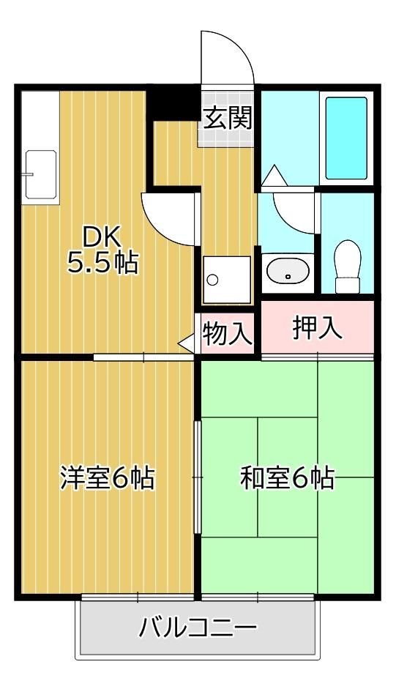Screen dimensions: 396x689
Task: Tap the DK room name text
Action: click(x=102, y=239)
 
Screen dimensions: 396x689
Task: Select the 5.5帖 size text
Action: click(x=102, y=263)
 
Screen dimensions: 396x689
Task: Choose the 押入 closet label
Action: click(x=317, y=328)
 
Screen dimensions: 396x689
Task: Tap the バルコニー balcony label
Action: click(x=198, y=628)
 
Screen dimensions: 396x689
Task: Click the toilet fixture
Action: click(x=348, y=267)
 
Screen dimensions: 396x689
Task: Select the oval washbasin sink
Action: click(x=288, y=272)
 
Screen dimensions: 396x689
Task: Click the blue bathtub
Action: click(x=346, y=138)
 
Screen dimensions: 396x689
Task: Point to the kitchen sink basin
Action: click(x=41, y=174)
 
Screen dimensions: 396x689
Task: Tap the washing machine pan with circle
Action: click(x=226, y=280)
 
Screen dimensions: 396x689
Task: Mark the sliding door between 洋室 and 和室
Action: click(x=198, y=477)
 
